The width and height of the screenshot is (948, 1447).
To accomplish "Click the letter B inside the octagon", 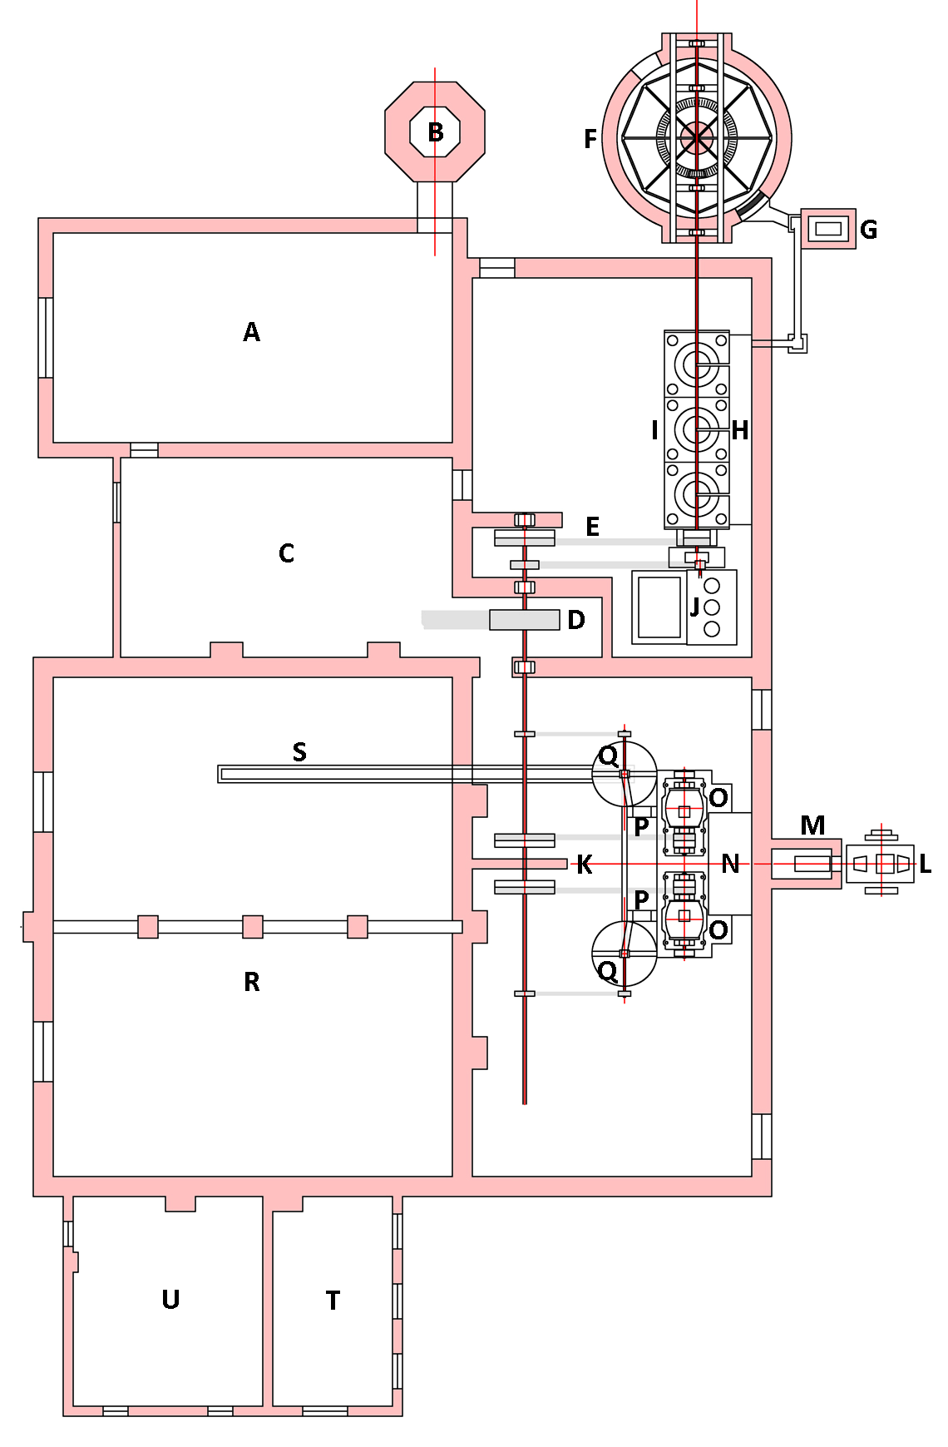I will click(x=435, y=132).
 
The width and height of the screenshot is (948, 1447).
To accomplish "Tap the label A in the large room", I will click(x=251, y=333).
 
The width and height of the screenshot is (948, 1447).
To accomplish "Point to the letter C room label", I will click(x=286, y=554).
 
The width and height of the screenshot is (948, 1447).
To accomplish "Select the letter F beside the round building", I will click(x=590, y=139).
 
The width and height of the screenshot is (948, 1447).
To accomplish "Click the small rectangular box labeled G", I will click(x=828, y=229).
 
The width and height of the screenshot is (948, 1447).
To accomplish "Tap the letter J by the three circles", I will click(x=694, y=607).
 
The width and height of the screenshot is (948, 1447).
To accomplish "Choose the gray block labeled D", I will click(x=524, y=620).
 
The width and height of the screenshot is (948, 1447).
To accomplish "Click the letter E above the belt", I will click(x=592, y=527).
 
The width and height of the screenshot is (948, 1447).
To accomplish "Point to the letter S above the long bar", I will click(x=299, y=752).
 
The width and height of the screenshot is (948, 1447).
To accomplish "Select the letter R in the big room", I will click(x=252, y=983).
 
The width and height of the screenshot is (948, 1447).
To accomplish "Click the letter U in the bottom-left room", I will click(x=170, y=1300).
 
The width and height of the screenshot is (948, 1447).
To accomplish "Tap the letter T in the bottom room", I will click(x=333, y=1301).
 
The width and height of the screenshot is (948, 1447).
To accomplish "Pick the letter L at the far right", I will click(x=925, y=865).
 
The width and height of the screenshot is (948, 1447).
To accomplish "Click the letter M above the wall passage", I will click(x=812, y=825).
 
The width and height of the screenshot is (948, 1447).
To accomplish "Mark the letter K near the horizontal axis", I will click(x=585, y=865).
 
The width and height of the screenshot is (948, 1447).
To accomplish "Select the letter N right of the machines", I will click(x=730, y=865).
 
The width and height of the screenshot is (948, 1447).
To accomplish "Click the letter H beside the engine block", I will click(x=739, y=431).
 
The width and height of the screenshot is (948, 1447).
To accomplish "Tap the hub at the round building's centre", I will click(x=697, y=138).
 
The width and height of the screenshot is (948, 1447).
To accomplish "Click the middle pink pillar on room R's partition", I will click(x=253, y=927).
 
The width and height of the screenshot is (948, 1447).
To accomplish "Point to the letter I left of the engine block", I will click(x=655, y=430).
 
